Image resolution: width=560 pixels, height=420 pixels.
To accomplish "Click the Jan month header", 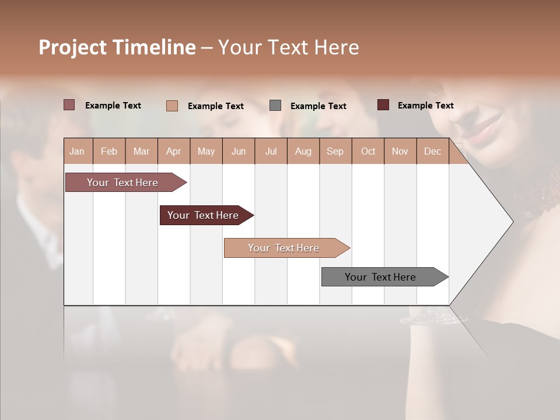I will click(77, 151).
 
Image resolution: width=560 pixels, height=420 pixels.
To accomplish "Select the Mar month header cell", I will click(141, 151).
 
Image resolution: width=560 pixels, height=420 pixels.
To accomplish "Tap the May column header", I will click(206, 151).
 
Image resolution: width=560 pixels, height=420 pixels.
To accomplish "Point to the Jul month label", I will click(271, 151).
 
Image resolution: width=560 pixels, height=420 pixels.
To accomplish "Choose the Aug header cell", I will click(303, 151).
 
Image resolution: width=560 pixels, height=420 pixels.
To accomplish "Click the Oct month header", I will click(368, 151).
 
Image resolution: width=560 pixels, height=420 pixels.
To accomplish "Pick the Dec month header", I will click(432, 151).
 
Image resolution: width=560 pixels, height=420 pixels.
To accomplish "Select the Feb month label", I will click(109, 151).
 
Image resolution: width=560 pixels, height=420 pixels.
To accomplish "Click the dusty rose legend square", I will click(69, 105).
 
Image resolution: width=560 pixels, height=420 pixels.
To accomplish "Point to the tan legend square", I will click(172, 106).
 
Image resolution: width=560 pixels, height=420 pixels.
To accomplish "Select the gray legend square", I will click(275, 105).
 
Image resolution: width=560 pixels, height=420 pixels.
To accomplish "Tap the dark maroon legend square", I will click(383, 105).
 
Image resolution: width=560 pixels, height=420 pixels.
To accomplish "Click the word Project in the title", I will click(72, 47).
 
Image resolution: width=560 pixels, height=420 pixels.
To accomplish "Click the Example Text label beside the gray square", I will click(318, 106).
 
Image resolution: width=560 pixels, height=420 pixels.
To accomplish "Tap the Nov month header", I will click(400, 151).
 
